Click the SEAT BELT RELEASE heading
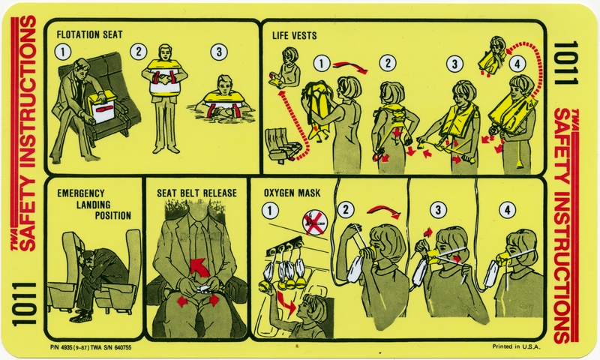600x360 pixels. coord(196,193)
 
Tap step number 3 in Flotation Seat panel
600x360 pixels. coord(218,52)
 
